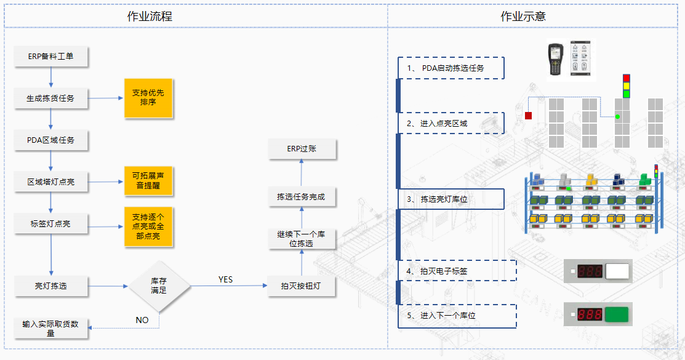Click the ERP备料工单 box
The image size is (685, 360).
click(50, 56)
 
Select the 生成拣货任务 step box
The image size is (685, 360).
click(50, 98)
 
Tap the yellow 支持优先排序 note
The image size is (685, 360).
click(148, 98)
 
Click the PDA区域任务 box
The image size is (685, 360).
click(50, 140)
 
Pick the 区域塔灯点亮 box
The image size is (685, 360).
click(50, 182)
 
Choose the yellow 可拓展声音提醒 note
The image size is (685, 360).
click(148, 181)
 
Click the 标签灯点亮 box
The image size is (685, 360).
click(50, 224)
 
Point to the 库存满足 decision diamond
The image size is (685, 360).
click(159, 286)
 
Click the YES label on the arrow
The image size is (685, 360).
click(226, 280)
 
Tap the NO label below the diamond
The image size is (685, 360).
click(142, 320)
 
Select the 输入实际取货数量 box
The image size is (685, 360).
click(50, 328)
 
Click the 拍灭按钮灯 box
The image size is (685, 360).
click(301, 286)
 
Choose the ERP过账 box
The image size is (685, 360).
click(302, 149)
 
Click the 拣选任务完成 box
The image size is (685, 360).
click(301, 198)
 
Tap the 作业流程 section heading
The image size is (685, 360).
click(150, 17)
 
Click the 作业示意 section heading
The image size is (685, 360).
click(523, 17)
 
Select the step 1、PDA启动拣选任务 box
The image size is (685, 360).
click(451, 68)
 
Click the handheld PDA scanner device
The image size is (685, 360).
click(556, 60)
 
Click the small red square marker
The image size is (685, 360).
click(528, 115)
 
